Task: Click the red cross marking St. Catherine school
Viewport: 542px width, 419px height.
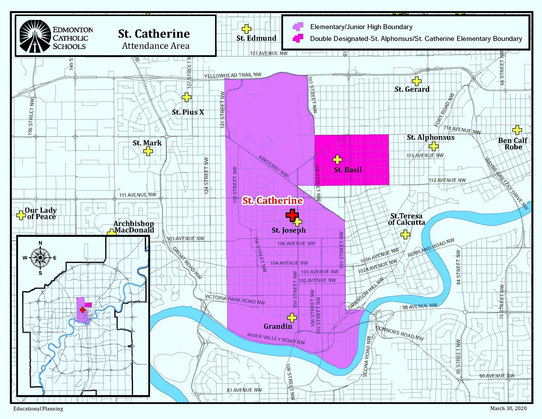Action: (x=292, y=215)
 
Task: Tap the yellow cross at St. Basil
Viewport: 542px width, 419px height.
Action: (x=337, y=160)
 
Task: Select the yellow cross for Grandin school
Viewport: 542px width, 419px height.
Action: (x=292, y=318)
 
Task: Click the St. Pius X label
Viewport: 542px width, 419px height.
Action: (x=188, y=112)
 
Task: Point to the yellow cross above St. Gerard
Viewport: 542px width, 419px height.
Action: (x=416, y=81)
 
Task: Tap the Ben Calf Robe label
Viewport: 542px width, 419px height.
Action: (x=513, y=144)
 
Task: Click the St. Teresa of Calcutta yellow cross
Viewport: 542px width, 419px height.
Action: (x=405, y=235)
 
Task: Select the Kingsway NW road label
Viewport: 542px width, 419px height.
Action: (x=273, y=166)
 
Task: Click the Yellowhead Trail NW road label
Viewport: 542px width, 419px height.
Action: (x=232, y=75)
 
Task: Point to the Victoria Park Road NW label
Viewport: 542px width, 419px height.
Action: (x=235, y=300)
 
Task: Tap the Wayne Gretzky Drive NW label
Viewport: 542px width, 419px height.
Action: (x=506, y=183)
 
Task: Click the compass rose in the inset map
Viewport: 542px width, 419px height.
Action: (x=40, y=258)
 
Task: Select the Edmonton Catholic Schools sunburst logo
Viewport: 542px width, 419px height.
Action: (x=35, y=36)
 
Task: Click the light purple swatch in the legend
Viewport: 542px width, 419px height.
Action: (x=298, y=27)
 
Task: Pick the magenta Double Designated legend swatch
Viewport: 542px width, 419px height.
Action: (x=298, y=38)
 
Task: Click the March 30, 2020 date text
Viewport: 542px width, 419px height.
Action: (x=508, y=408)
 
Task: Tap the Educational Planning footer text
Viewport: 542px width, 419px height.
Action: (x=38, y=409)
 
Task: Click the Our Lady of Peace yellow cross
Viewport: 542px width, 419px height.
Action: (x=21, y=215)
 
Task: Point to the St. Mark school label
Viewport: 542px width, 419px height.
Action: (x=147, y=143)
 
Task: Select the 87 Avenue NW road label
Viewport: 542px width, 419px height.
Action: (x=244, y=390)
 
